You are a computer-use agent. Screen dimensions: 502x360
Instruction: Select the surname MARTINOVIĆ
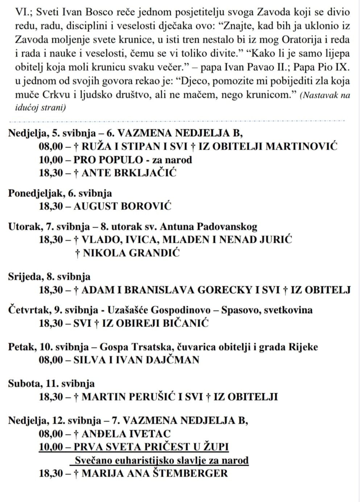(x=302, y=146)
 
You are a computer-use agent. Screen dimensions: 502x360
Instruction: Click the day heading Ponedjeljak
(x=36, y=193)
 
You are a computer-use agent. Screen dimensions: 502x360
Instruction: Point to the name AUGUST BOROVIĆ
(x=122, y=206)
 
